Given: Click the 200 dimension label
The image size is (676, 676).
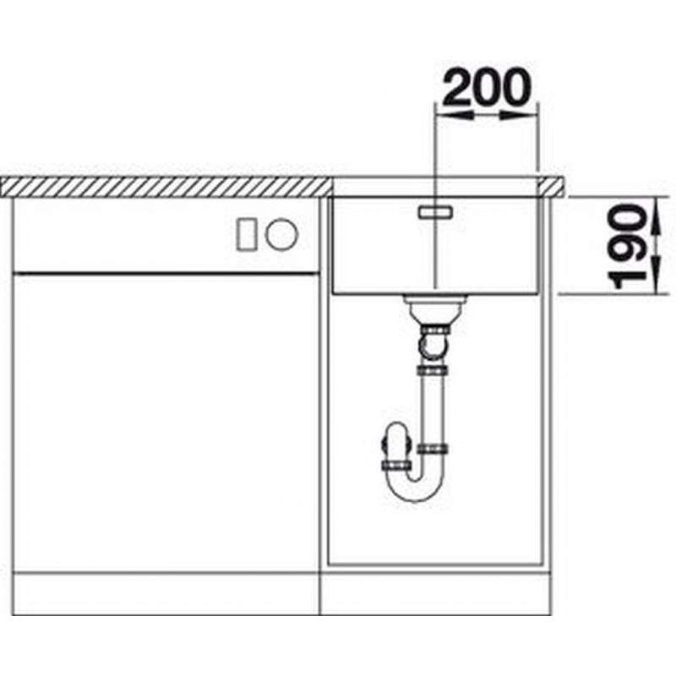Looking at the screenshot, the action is point(487,88).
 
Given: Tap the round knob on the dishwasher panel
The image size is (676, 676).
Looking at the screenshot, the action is point(281,234).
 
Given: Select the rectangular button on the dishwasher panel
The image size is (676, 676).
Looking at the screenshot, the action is point(247,234).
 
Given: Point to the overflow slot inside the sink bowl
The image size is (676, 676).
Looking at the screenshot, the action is point(435,212).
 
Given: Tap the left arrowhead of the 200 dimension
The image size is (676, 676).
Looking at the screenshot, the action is point(455,115).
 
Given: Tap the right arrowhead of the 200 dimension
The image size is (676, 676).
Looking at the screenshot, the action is point(519,115).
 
